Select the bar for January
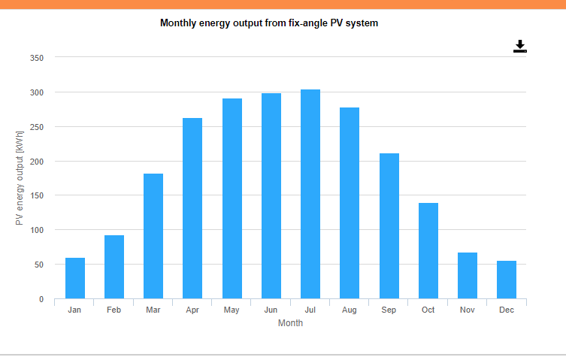click(x=75, y=278)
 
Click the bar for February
click(x=114, y=267)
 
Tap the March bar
click(x=153, y=236)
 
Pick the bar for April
click(x=192, y=208)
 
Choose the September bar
click(x=389, y=225)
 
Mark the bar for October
click(x=428, y=251)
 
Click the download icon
click(x=520, y=47)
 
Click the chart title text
click(x=269, y=23)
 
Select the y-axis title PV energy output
click(x=20, y=177)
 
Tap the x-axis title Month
click(x=290, y=323)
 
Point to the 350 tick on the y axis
click(x=37, y=58)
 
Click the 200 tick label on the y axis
click(x=37, y=162)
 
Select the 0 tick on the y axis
click(x=41, y=299)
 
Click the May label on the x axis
click(x=232, y=310)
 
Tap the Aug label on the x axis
click(x=349, y=310)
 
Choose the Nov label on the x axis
click(x=467, y=310)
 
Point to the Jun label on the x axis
click(x=271, y=310)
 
